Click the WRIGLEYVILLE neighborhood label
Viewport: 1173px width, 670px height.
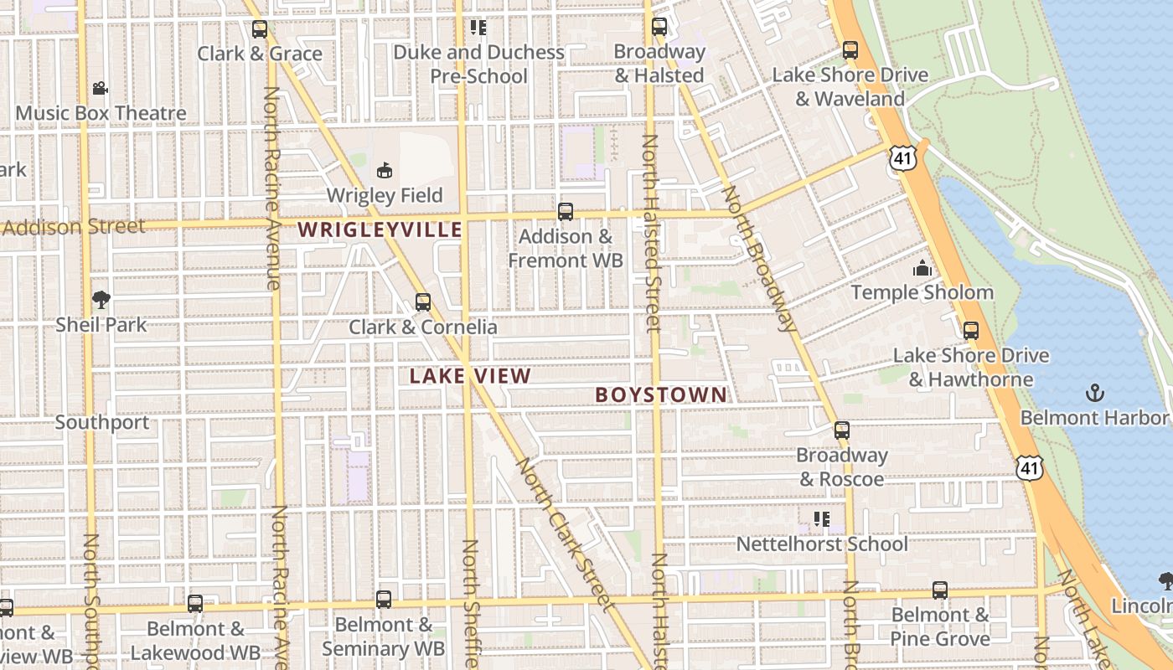coord(380,229)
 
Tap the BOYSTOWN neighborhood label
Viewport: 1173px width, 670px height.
coord(661,394)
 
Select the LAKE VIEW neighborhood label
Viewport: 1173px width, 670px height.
coord(470,376)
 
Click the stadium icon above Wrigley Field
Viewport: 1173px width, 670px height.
coord(385,171)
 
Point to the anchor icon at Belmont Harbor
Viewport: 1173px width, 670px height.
coord(1093,392)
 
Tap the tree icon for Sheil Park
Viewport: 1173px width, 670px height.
coord(101,299)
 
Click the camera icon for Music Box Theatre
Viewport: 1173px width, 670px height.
coord(100,88)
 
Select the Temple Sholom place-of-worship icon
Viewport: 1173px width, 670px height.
coord(922,268)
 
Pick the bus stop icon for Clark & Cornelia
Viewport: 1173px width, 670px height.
coord(423,301)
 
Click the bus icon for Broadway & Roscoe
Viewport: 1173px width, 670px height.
coord(842,430)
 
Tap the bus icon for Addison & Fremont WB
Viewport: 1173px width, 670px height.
coord(566,211)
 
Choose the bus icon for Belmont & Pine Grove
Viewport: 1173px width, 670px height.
coord(940,590)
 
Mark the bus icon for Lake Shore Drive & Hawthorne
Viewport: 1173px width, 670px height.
coord(971,330)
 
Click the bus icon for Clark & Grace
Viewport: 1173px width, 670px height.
coord(260,29)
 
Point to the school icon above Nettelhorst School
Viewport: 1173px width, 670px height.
coord(821,519)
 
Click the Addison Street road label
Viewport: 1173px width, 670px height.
coord(74,226)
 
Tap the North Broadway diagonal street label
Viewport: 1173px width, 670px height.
coord(760,260)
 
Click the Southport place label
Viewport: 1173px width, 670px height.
coord(102,422)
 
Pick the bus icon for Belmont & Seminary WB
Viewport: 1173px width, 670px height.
coord(384,599)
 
